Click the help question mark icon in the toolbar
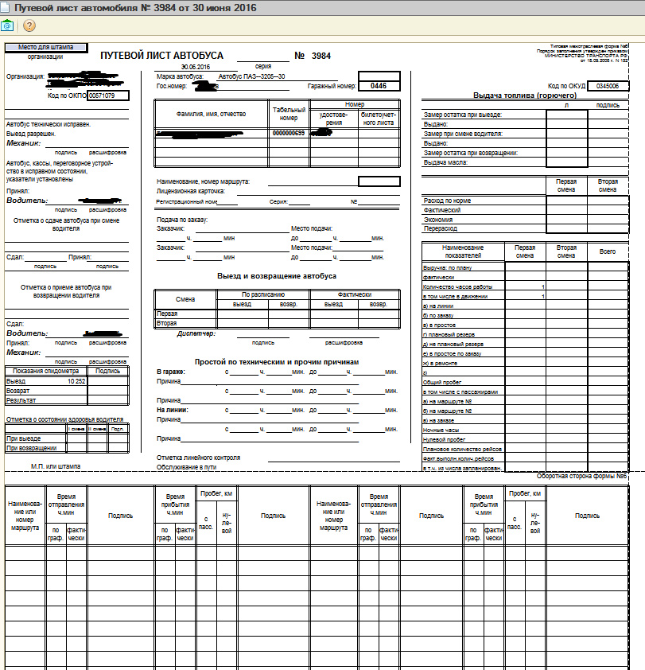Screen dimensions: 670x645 [x=29, y=25]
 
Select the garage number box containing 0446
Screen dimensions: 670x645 [x=379, y=86]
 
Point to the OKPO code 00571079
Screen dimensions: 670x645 [x=101, y=95]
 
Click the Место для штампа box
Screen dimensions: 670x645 [x=46, y=48]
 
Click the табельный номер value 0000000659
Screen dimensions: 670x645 [x=289, y=133]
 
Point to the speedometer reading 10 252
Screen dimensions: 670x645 [x=76, y=382]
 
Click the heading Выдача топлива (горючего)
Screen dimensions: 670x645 [x=519, y=95]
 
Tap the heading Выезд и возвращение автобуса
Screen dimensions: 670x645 [x=277, y=276]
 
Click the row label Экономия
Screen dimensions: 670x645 [x=438, y=220]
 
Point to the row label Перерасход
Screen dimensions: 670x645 [x=441, y=229]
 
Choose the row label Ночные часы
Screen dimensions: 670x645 [x=438, y=430]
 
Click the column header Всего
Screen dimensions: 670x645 [x=608, y=251]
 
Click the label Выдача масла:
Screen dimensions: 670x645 [x=446, y=162]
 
